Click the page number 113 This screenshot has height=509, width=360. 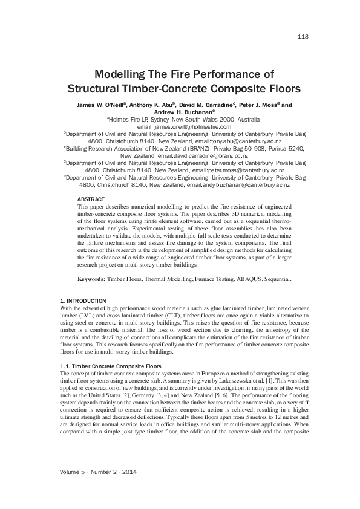[x=303, y=37]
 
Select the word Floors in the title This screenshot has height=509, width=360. [x=278, y=89]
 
